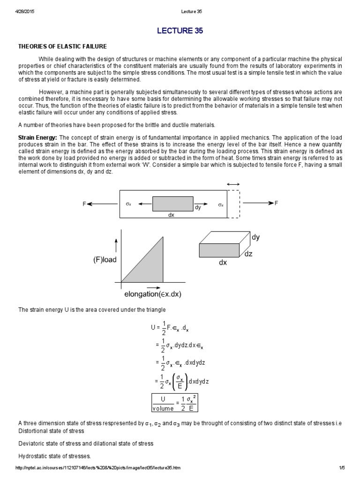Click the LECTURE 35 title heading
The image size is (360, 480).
point(180,31)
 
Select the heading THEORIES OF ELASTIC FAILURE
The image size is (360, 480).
point(62,46)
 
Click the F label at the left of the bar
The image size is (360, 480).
point(85,204)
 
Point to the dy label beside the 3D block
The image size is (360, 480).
point(255,237)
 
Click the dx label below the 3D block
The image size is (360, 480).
point(223,263)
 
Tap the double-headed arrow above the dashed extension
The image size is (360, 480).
point(233,184)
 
